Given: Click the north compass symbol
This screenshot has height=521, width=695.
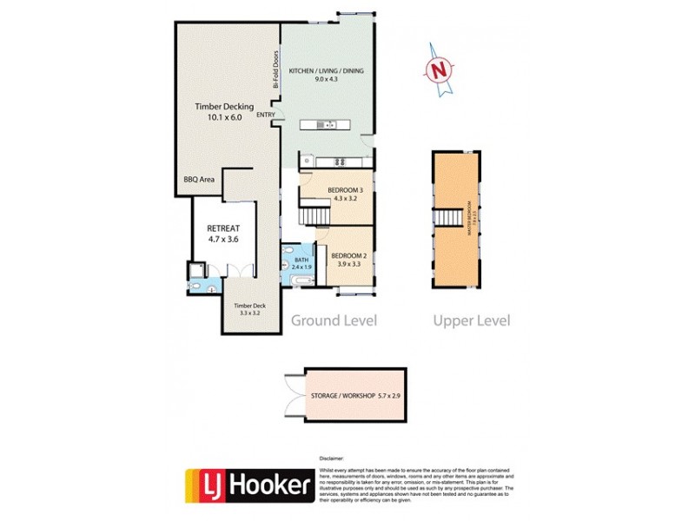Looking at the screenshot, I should tap(442, 68).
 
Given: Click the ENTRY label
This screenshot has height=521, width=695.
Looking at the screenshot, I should tap(266, 115).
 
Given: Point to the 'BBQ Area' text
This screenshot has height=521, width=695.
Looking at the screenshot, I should tap(199, 180).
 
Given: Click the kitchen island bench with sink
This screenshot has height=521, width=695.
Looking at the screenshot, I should tap(329, 126).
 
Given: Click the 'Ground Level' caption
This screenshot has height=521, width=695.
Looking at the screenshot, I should tap(334, 320).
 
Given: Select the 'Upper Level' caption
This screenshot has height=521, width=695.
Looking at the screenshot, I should tap(472, 320).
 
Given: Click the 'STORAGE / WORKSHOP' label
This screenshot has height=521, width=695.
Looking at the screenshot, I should tap(343, 396).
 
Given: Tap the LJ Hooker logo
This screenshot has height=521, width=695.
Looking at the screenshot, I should tap(248, 486).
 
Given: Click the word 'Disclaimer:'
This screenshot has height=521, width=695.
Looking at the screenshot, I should tap(333, 457).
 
